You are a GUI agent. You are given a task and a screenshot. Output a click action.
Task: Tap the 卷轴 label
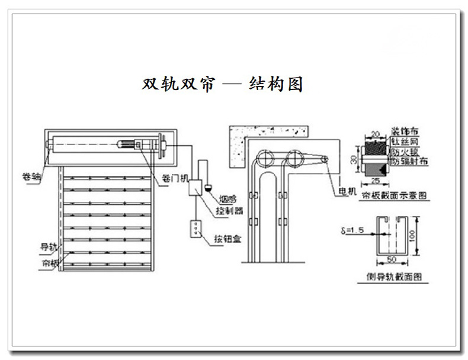pos(31,176)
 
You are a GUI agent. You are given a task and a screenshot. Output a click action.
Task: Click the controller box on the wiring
pos(197,189)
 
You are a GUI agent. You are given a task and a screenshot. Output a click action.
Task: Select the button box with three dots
pos(194,229)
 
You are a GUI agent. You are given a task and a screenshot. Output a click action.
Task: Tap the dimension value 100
pos(421,240)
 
